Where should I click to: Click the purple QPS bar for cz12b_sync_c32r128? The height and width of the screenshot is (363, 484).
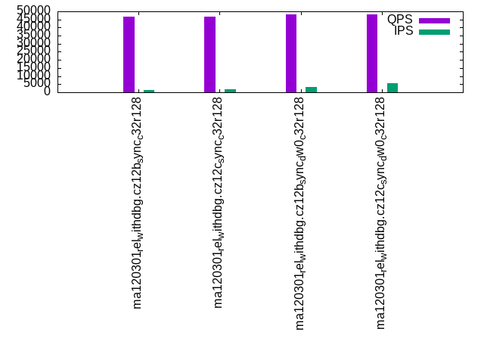129,54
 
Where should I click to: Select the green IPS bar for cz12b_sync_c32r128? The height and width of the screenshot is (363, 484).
149,91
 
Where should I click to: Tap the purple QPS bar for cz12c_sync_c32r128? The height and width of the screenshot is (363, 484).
209,54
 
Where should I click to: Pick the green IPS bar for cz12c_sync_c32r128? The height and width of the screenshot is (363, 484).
230,91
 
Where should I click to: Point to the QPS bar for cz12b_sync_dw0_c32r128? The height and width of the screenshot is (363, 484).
291,53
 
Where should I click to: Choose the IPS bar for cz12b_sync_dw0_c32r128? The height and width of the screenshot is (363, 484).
311,89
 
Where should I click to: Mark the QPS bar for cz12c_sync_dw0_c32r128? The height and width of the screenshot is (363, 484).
372,53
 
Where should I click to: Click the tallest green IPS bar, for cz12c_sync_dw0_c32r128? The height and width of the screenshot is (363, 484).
392,88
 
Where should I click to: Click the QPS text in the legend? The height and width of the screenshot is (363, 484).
400,20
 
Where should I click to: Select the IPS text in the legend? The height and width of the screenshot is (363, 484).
403,31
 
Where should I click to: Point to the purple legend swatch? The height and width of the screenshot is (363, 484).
434,20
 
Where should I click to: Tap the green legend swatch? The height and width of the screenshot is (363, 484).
434,32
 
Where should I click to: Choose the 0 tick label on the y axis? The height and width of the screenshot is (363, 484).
47,92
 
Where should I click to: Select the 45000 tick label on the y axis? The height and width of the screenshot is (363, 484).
34,19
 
